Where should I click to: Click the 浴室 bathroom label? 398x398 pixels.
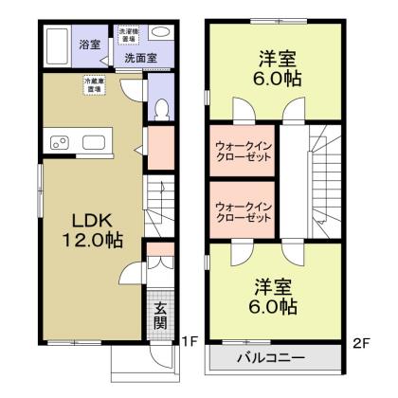coord(89,44)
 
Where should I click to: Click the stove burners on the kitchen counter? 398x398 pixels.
coord(59,144)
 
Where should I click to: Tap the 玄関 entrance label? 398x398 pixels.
coord(161,314)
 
